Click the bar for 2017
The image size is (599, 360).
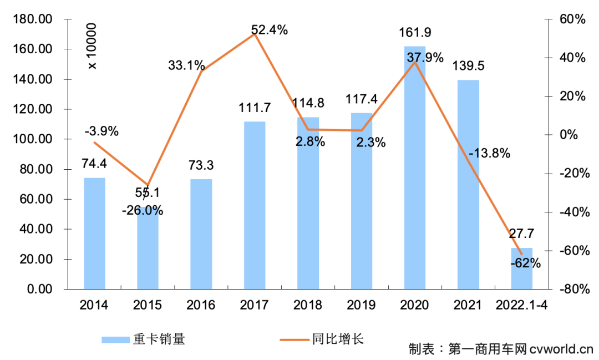coord(255,205)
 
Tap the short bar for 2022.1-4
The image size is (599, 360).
coord(521,268)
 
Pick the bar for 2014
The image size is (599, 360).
coord(94,234)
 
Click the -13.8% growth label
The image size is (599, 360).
coord(489,154)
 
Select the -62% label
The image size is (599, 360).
coord(525,263)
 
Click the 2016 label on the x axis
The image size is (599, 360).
coord(201,305)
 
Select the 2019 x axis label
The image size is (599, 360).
coord(361,305)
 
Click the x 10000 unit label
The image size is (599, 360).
coord(92,47)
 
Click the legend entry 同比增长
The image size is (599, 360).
coord(338,339)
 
